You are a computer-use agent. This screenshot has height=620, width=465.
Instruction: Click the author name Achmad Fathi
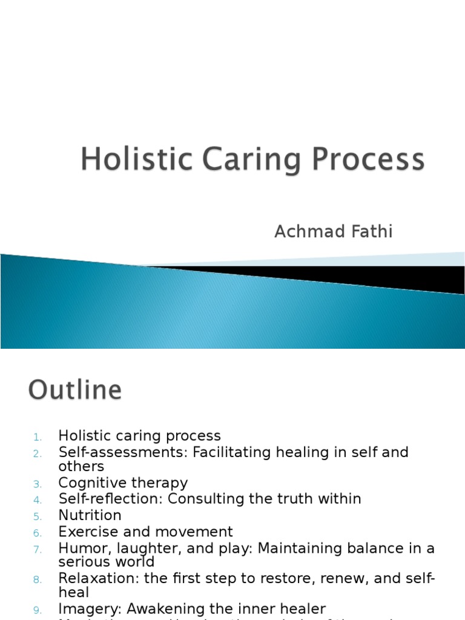(333, 231)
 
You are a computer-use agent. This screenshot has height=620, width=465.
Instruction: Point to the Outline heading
(75, 390)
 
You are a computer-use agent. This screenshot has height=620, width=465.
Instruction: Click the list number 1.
(37, 437)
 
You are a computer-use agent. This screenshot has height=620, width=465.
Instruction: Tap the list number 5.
(38, 516)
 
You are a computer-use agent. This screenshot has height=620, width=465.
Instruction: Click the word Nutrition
(90, 515)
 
